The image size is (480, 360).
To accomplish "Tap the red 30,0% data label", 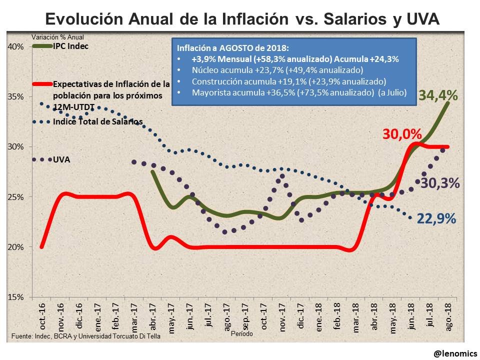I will (x=402, y=134).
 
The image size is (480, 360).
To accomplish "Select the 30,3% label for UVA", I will (x=440, y=183).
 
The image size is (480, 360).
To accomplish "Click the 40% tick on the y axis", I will (x=15, y=46).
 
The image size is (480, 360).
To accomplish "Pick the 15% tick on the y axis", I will (x=15, y=297).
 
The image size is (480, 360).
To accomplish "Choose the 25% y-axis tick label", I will (x=15, y=197).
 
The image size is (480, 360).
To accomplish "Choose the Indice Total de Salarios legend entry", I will (x=97, y=121).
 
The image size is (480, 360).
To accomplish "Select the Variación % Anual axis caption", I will (x=58, y=37).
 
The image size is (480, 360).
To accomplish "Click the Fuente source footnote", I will (x=85, y=336).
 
